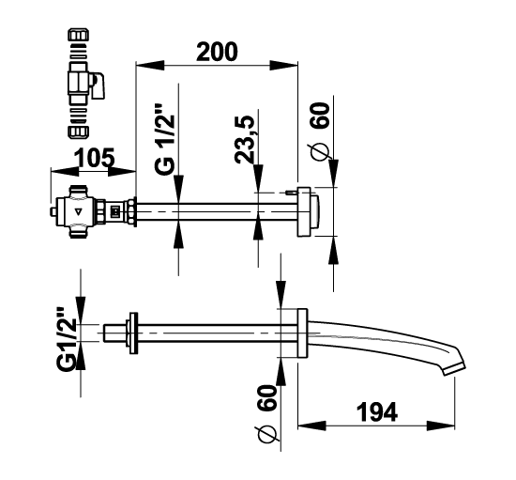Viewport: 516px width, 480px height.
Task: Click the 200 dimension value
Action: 217,52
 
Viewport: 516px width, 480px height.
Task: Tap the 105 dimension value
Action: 95,158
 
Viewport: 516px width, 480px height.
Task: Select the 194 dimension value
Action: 377,411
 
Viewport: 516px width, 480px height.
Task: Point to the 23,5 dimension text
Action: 245,139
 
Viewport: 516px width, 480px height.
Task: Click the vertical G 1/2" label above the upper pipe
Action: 164,139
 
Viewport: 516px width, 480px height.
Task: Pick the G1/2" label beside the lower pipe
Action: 67,339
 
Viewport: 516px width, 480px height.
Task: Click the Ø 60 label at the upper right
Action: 320,132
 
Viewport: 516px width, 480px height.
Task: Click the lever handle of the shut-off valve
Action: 99,86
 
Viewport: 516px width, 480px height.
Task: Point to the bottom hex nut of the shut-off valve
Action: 78,132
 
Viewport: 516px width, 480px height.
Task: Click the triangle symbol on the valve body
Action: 78,212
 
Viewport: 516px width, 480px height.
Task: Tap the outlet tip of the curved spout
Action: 454,370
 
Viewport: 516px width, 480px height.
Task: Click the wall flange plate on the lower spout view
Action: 302,333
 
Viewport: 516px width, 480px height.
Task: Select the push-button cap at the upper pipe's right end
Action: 314,212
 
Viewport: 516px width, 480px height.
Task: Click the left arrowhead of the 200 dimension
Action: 150,65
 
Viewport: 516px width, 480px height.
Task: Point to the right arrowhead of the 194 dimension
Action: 441,426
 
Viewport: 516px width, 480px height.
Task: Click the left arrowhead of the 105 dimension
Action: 65,171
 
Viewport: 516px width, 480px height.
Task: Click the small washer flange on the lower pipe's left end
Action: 133,333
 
